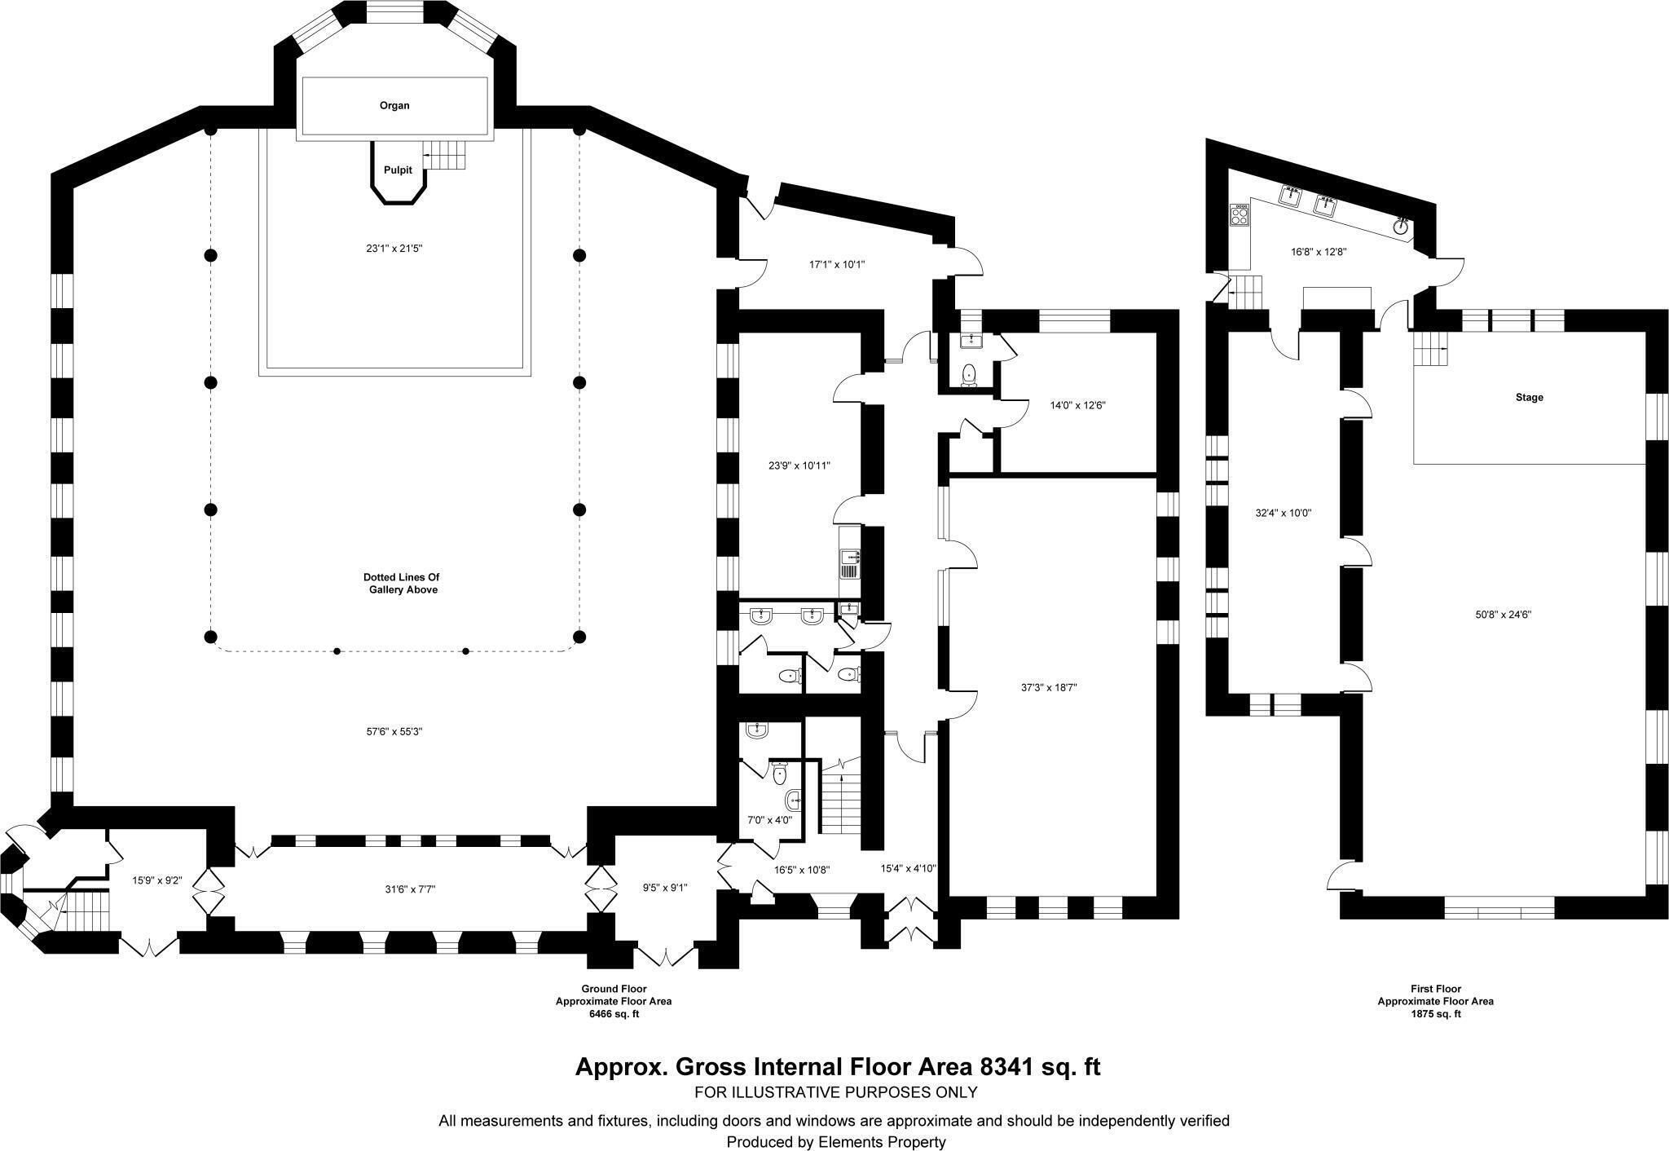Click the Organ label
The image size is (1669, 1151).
tap(394, 106)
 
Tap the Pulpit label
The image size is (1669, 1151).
tap(399, 170)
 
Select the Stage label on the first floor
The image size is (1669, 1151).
tap(1529, 398)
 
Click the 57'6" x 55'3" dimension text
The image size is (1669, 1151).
tap(394, 732)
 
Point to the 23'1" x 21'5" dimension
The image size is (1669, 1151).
tap(394, 249)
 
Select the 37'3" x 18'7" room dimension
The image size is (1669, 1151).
tap(1049, 687)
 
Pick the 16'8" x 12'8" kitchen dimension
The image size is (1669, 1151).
tap(1318, 252)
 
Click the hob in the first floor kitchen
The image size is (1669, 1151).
tap(1240, 215)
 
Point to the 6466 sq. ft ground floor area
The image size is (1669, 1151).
tap(614, 1014)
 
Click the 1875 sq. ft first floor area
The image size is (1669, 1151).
tap(1435, 1014)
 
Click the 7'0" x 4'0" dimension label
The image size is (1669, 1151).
tap(769, 820)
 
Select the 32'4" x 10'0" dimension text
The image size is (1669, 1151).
tap(1283, 514)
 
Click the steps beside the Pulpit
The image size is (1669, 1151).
tap(447, 153)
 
